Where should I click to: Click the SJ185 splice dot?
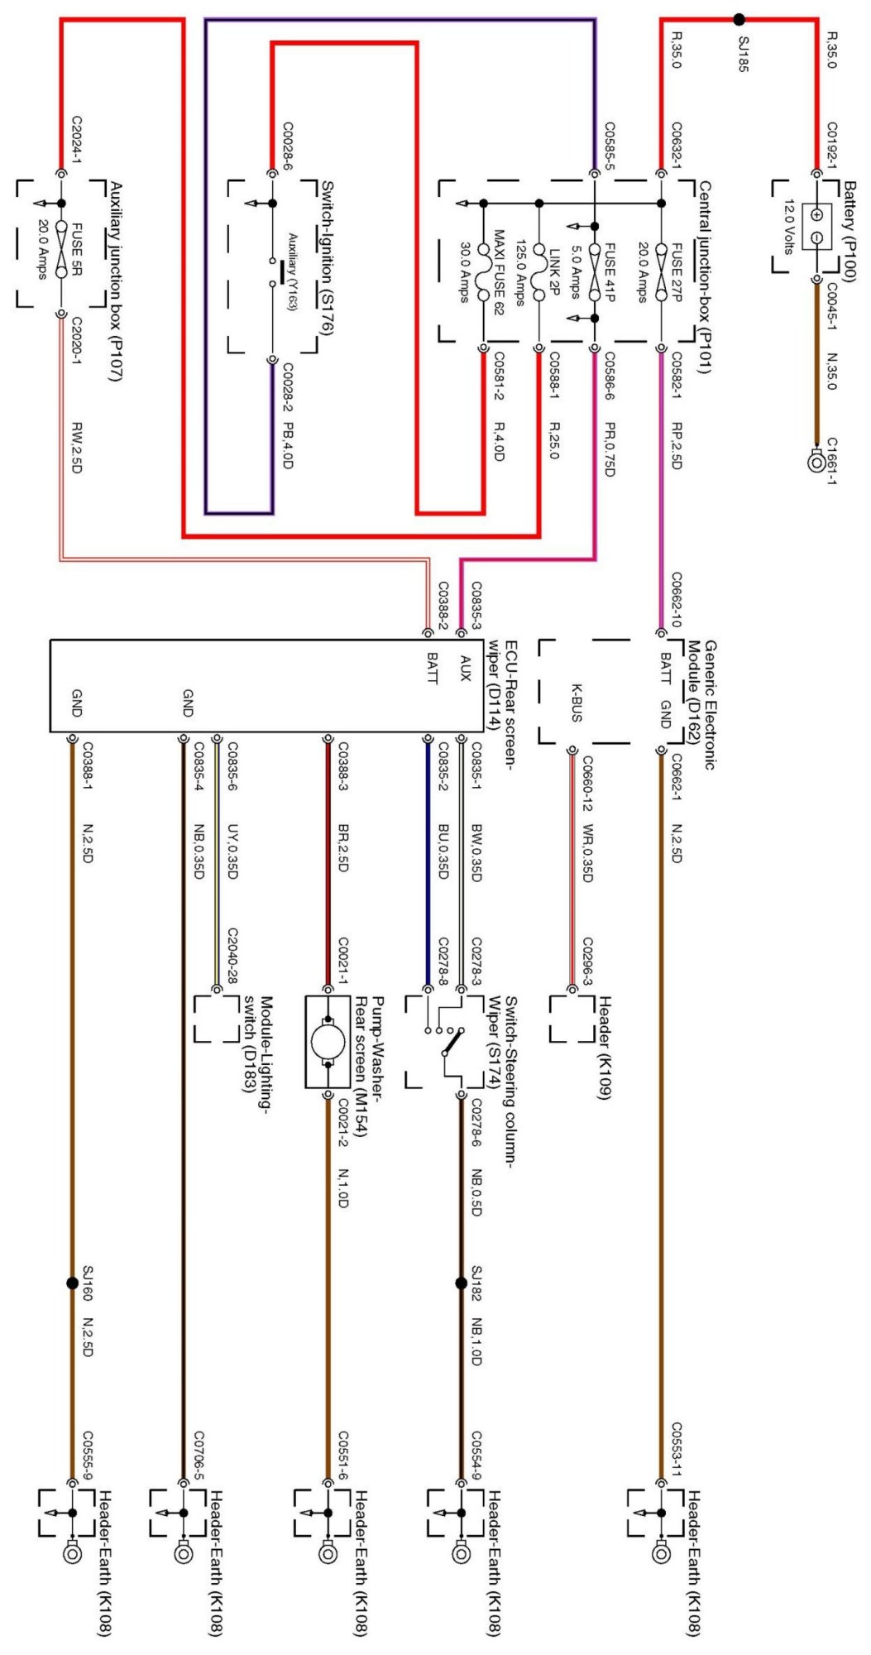pos(739,19)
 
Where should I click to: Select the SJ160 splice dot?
pos(72,1283)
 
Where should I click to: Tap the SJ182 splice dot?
pos(462,1283)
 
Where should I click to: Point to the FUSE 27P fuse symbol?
pos(661,271)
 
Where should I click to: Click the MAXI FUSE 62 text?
pos(498,272)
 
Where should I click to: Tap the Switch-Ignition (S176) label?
pos(326,258)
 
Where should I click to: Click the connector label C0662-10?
pos(676,599)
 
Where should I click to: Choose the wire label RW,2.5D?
pos(76,448)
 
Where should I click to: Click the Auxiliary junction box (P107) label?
pos(116,281)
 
